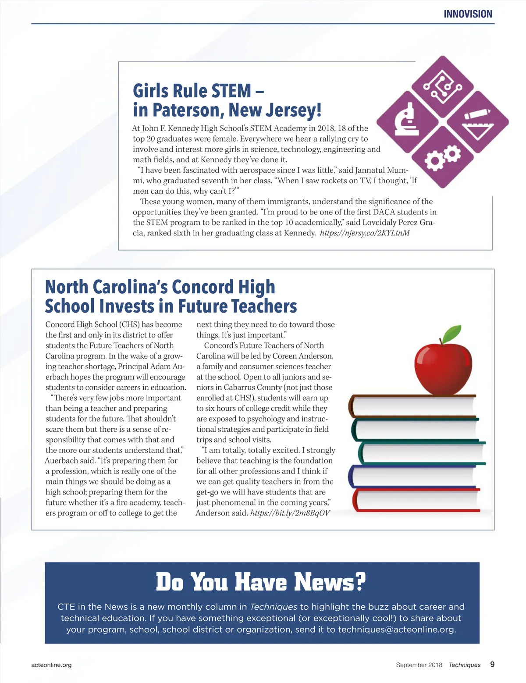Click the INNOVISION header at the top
click(468, 14)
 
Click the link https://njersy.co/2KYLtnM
click(365, 233)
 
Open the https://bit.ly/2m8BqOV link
click(290, 513)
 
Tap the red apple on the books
click(443, 368)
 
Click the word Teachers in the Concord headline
click(264, 306)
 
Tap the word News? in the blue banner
click(330, 582)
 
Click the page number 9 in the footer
click(492, 665)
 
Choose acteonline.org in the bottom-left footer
click(51, 665)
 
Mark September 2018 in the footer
click(419, 665)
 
